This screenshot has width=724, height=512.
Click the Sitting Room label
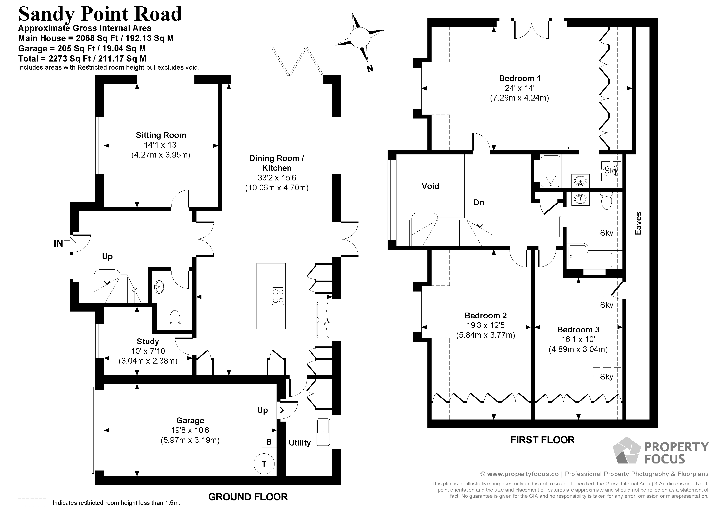tap(161, 135)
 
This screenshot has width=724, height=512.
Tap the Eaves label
tap(638, 223)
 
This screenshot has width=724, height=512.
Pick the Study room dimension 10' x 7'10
tap(148, 351)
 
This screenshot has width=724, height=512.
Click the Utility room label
tap(299, 443)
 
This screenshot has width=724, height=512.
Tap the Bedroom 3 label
tap(578, 330)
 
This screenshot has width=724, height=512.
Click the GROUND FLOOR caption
tap(248, 497)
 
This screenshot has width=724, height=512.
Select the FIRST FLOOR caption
tap(542, 440)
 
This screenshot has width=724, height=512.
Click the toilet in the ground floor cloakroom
tap(175, 317)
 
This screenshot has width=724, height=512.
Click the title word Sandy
tap(47, 14)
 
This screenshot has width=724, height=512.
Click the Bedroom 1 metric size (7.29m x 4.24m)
tap(519, 98)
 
